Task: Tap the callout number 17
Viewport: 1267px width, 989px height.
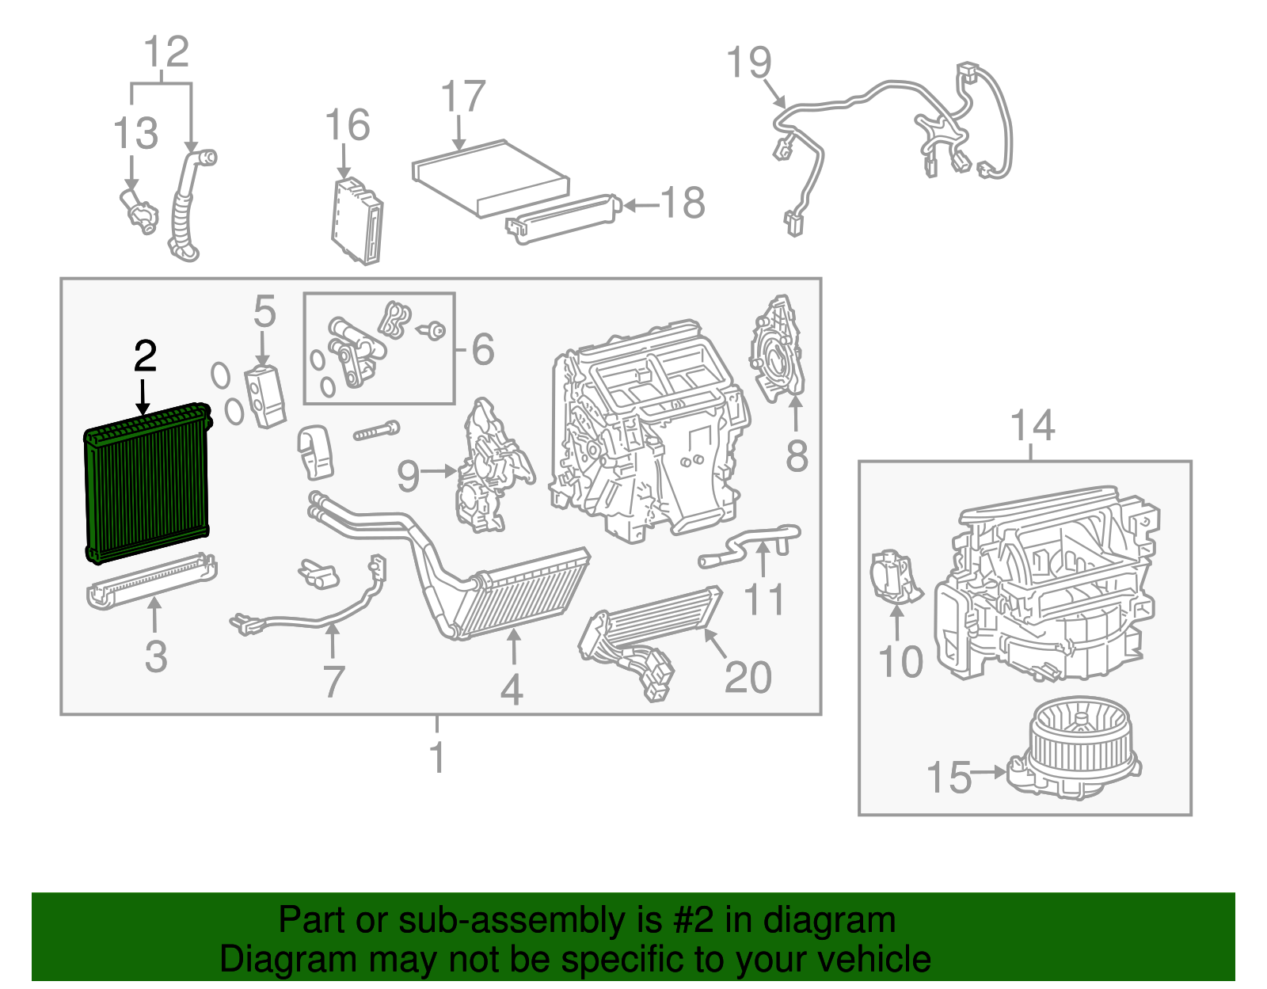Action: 462,97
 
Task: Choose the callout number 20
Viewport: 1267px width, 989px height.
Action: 748,678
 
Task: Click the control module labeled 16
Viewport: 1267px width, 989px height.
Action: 357,221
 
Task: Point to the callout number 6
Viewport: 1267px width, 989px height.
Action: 483,349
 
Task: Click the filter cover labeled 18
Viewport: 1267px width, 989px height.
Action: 562,216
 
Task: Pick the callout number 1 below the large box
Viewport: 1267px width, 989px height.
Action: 437,757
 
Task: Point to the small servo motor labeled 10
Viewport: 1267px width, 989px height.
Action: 893,577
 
